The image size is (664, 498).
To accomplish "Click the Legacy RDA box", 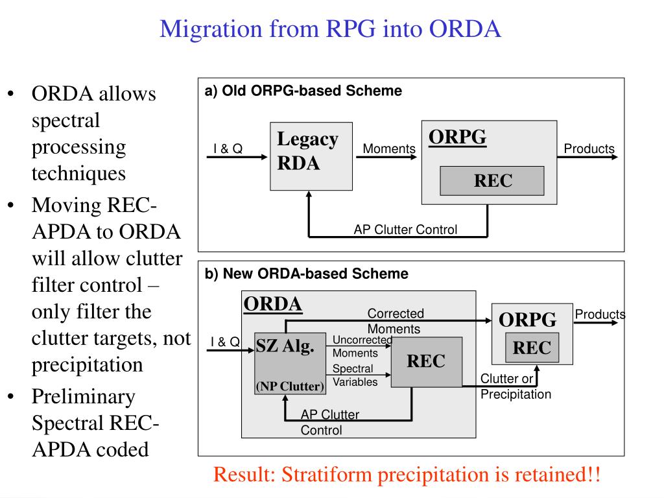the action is tap(311, 156).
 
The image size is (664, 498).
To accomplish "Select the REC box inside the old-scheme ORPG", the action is tap(492, 181).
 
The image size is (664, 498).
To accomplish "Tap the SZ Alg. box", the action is tap(290, 364).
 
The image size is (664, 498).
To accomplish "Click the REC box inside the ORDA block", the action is tap(427, 362).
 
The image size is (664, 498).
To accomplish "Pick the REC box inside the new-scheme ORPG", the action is tap(532, 348).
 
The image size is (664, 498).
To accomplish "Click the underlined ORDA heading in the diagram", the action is tap(273, 304).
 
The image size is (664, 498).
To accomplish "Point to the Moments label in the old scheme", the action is tap(389, 148).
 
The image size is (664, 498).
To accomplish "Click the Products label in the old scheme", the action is tap(589, 148).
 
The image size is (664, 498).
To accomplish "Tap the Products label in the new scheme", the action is tap(600, 314).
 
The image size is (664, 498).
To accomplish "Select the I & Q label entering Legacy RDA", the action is tap(228, 148).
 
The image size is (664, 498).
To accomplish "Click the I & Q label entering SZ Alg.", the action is tap(225, 342).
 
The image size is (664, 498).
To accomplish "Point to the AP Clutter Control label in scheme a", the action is tap(405, 230).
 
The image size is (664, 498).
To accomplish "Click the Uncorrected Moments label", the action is tap(362, 346).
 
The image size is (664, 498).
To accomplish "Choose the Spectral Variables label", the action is tap(355, 375).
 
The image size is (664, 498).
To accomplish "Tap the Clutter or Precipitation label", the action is tap(516, 386).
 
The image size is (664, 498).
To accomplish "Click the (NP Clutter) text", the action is tap(290, 386).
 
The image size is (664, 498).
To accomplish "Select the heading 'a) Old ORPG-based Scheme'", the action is tap(303, 91).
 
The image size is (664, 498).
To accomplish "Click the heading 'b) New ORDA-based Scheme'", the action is tap(307, 274).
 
